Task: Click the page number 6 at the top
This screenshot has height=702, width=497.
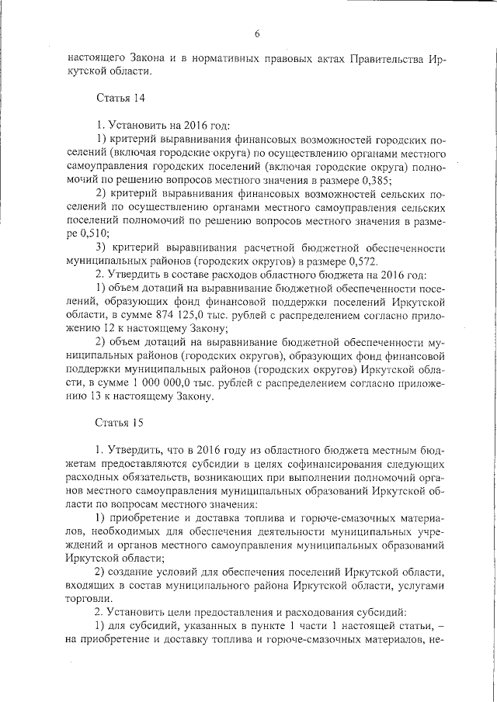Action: [x=256, y=33]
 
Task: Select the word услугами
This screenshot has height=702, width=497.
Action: [x=419, y=584]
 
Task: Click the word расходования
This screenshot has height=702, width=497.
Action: [x=302, y=612]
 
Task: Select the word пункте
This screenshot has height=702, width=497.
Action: [x=239, y=625]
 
